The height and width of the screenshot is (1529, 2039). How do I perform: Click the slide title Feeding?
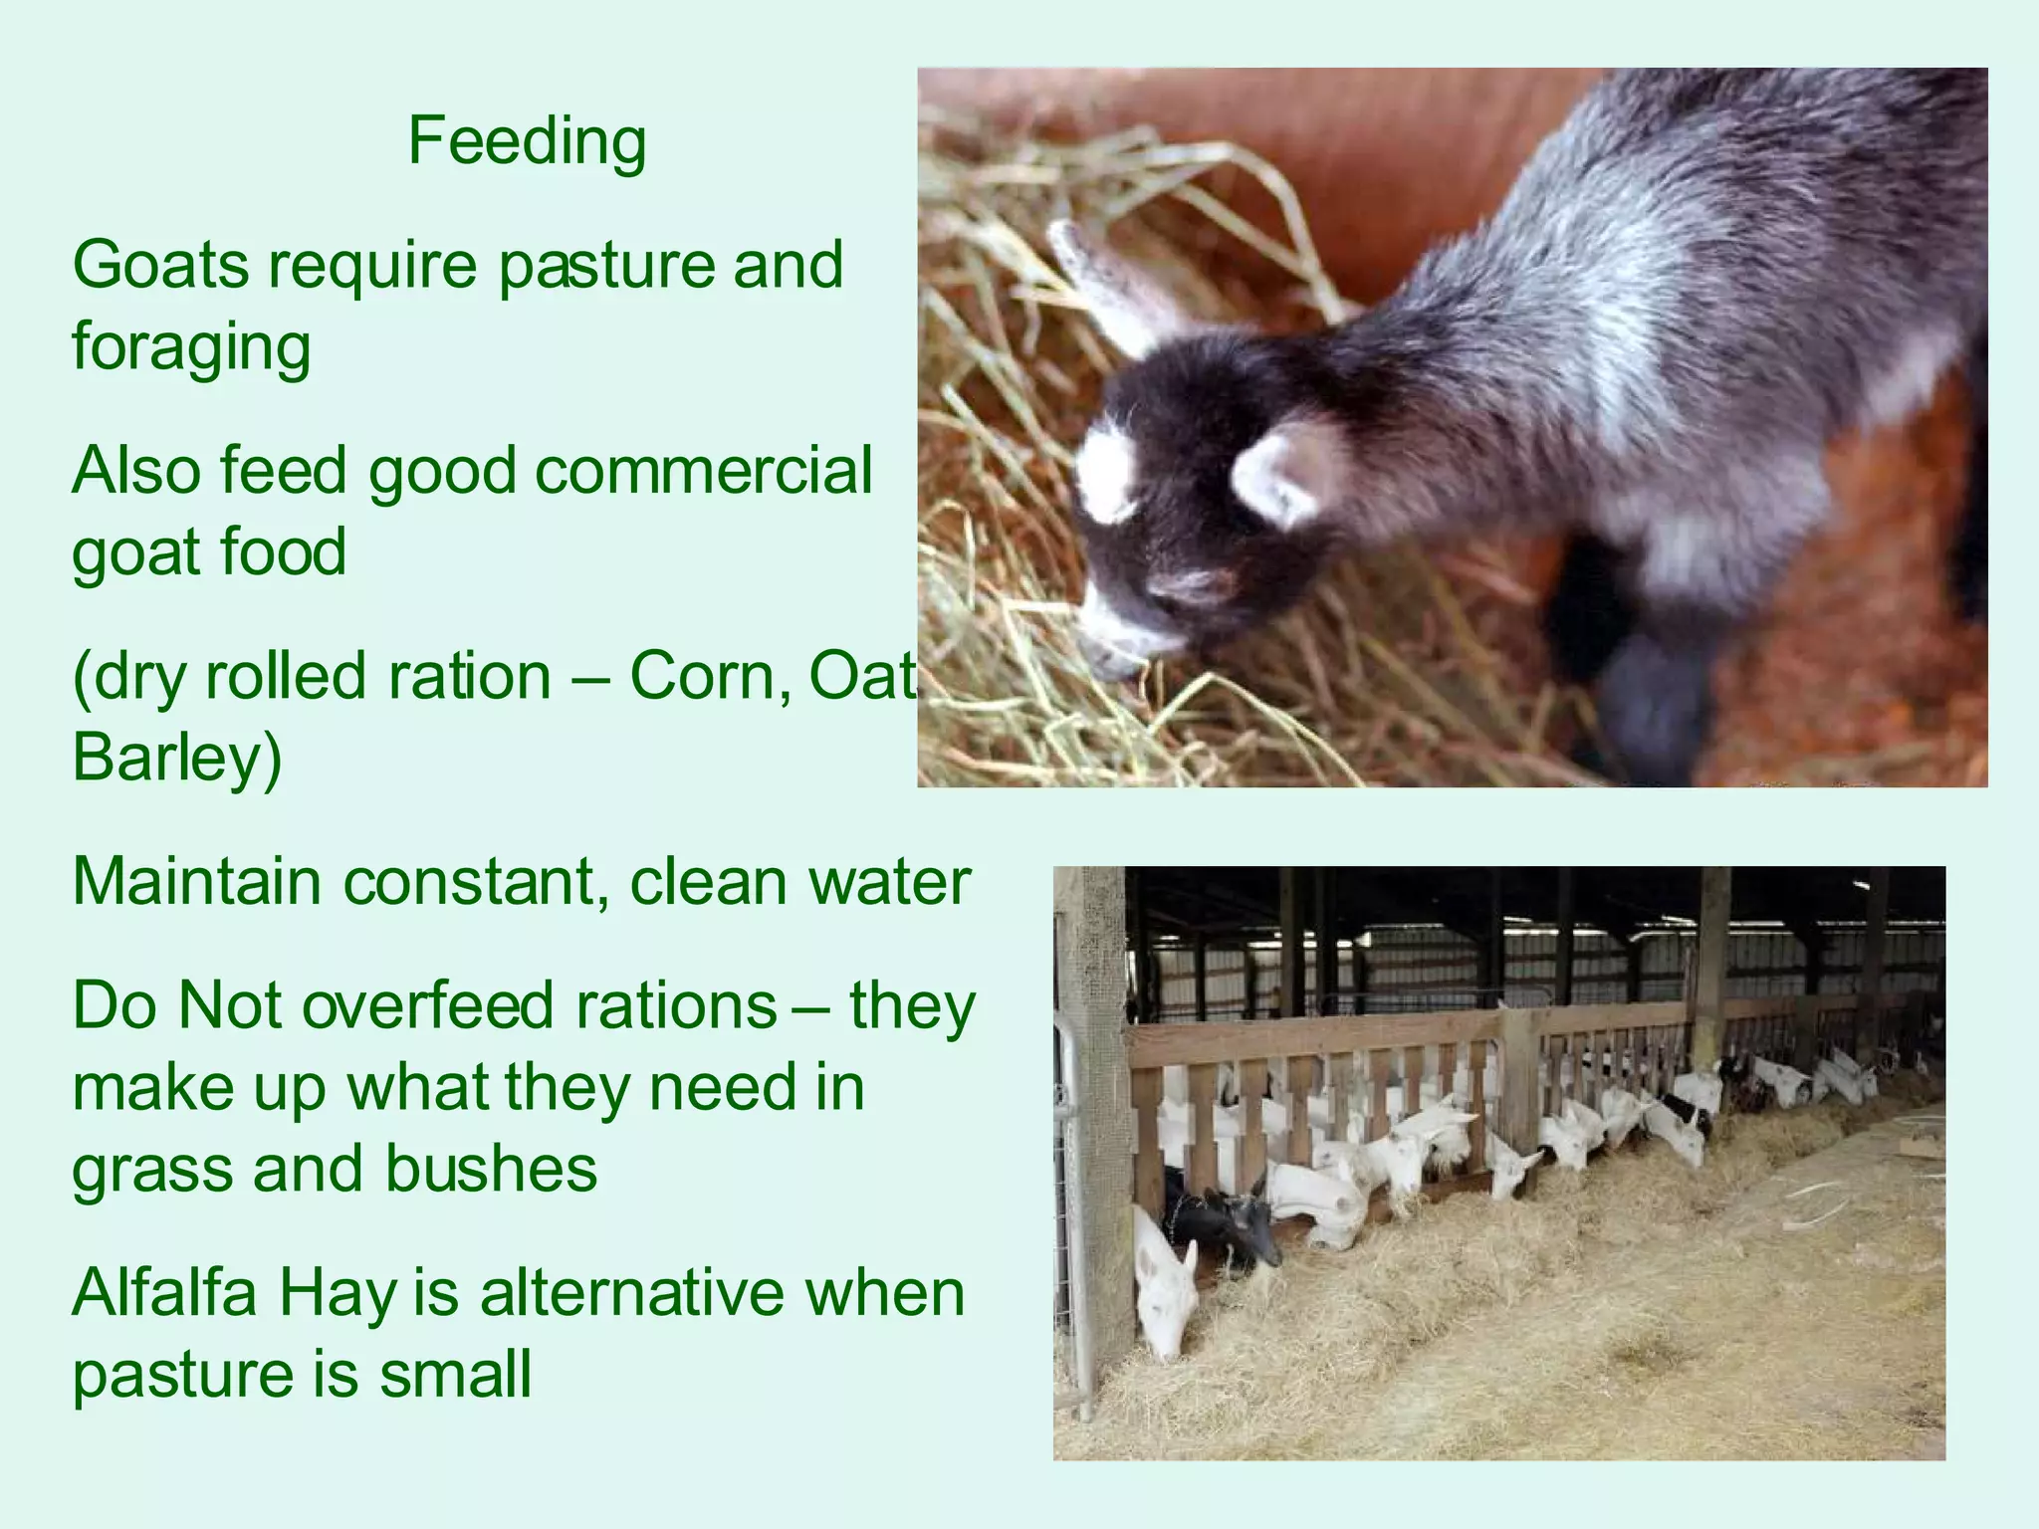click(527, 141)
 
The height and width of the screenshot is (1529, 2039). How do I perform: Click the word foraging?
click(191, 347)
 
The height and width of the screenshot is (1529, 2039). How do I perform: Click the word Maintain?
click(196, 882)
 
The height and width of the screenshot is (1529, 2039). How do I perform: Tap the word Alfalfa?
click(163, 1292)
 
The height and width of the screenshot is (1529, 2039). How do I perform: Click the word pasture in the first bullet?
click(605, 266)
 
